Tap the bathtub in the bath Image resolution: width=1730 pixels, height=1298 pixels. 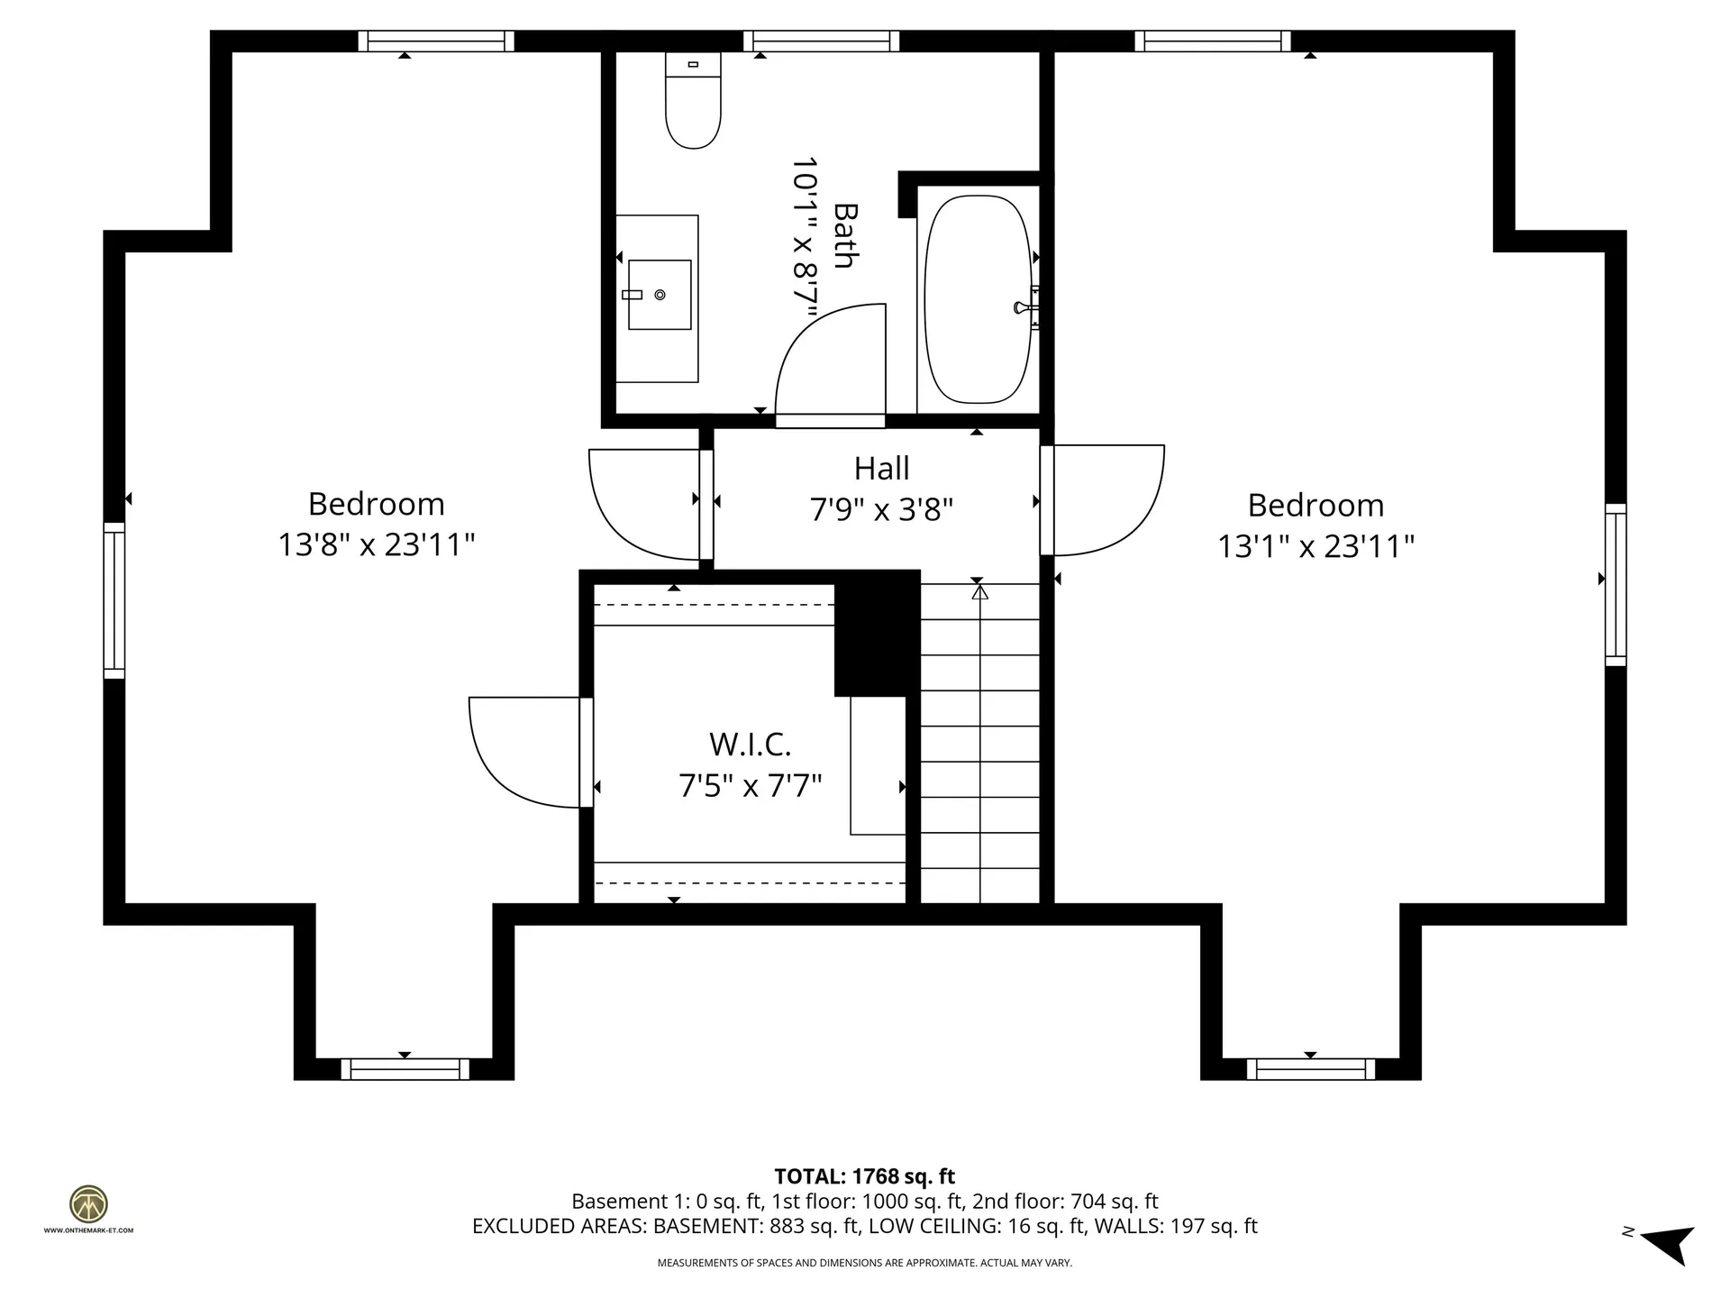point(978,299)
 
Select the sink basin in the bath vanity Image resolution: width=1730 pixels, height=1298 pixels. point(660,295)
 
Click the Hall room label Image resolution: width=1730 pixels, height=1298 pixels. point(881,469)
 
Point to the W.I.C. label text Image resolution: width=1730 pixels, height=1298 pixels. point(750,745)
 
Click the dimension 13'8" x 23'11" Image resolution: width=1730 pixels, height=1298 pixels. point(376,545)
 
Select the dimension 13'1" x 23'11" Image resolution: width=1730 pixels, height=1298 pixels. point(1316,547)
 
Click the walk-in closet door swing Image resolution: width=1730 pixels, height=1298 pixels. point(523,753)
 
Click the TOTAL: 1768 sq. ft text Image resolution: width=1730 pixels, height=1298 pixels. point(864,1176)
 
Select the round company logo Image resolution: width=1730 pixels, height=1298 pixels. point(88,1204)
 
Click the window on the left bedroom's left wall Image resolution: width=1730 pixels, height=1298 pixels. point(114,600)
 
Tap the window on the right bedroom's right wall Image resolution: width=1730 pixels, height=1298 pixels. point(1616,585)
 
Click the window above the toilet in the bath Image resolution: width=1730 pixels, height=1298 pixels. point(821,41)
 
